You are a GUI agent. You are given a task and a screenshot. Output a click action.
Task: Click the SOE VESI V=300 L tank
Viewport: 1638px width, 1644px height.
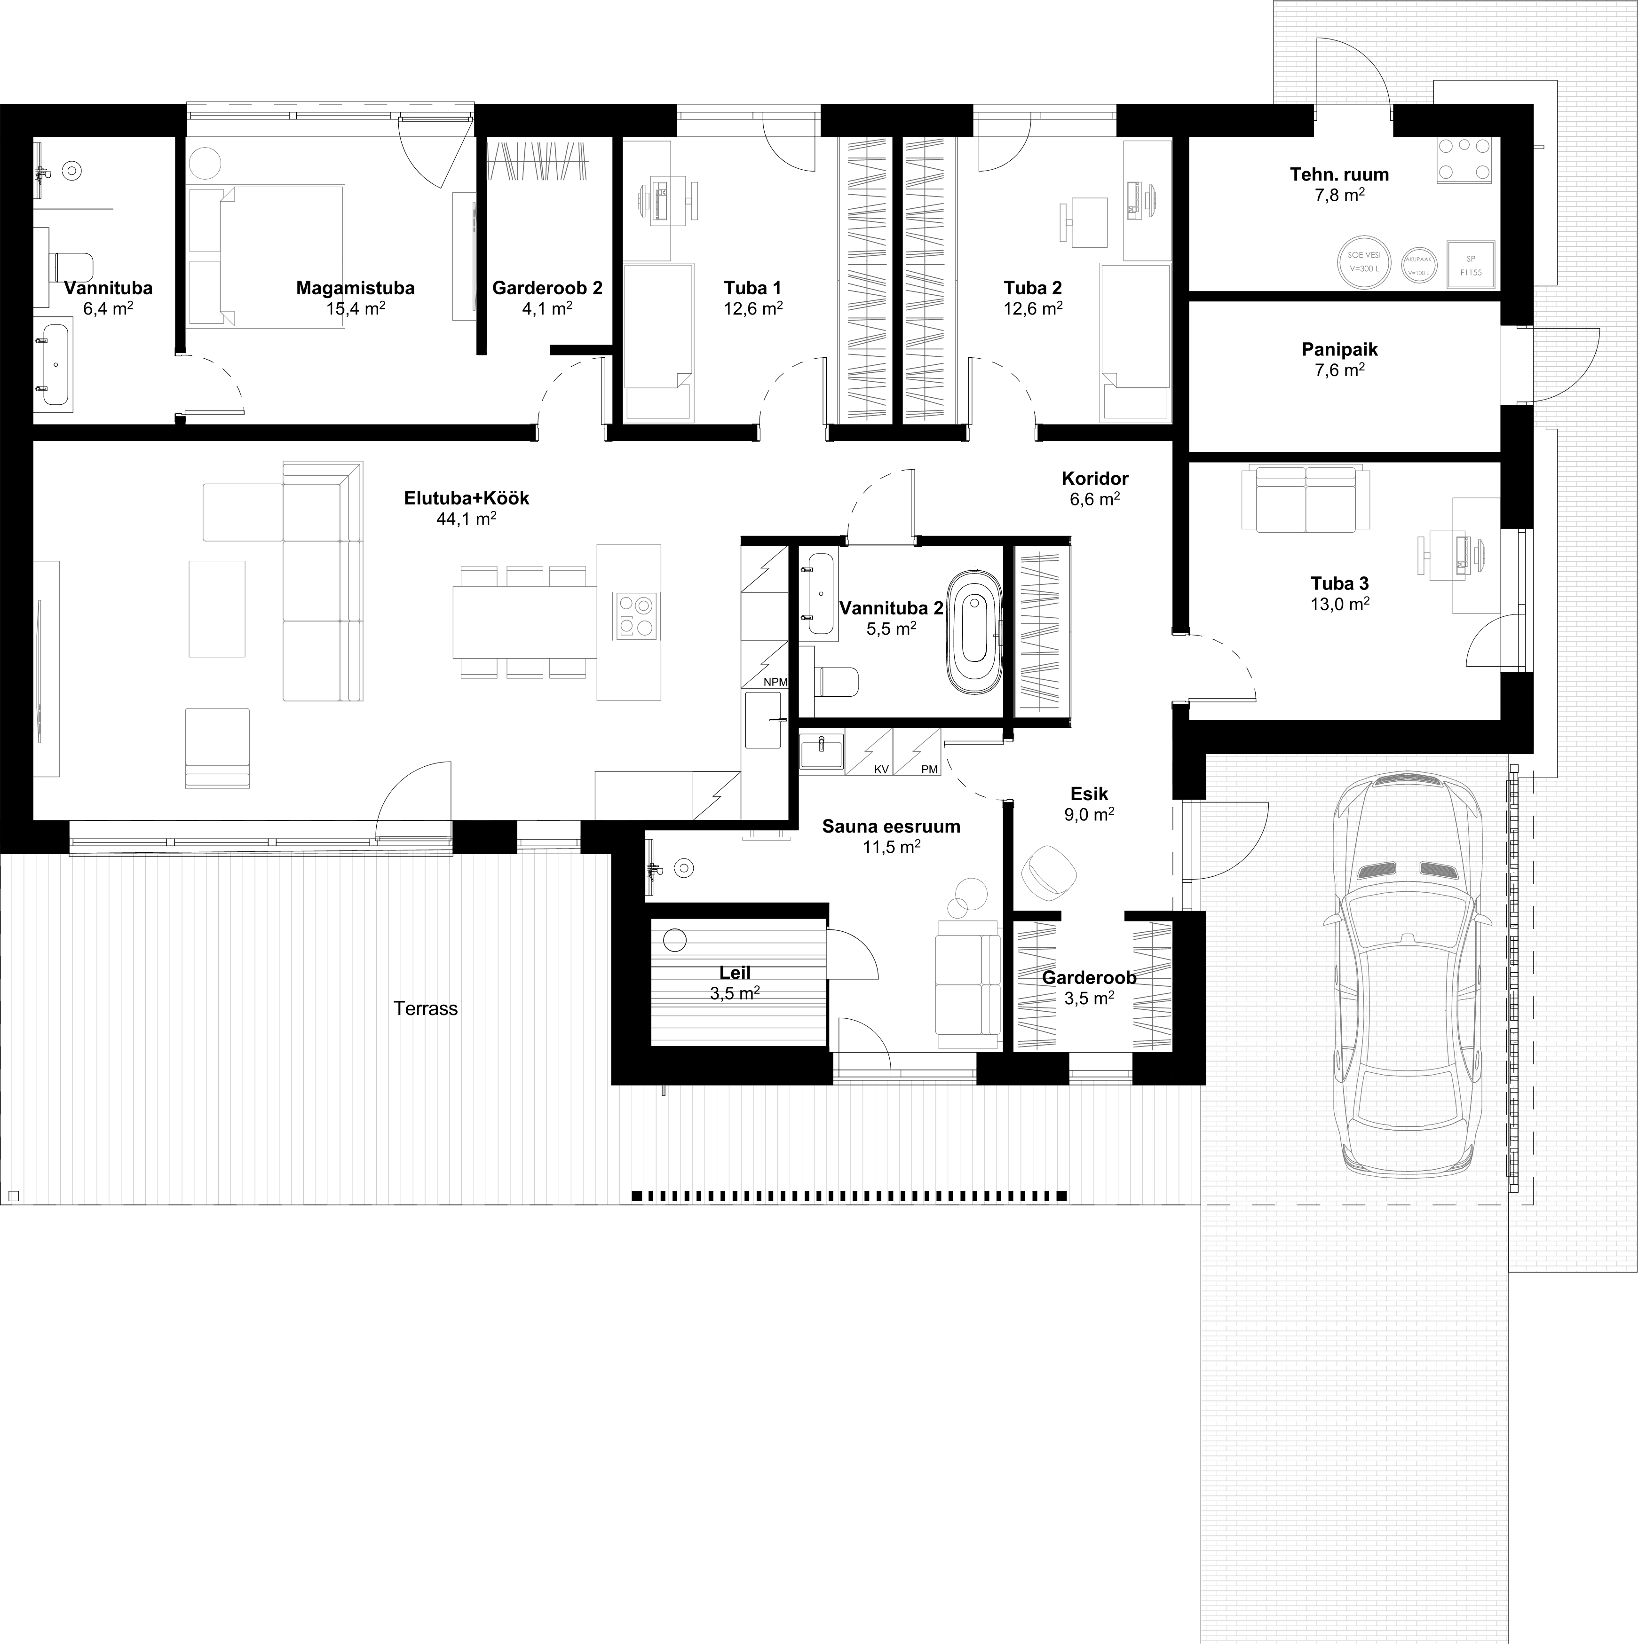point(1363,262)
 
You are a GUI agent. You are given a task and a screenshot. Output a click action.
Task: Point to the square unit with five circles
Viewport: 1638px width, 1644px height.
point(1464,160)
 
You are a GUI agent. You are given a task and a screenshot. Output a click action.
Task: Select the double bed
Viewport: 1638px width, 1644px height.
point(281,256)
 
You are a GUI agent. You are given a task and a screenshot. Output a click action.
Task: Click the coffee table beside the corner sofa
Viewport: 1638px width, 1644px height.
point(216,608)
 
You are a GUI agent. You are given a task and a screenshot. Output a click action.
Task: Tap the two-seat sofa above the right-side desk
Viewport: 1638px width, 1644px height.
point(1306,499)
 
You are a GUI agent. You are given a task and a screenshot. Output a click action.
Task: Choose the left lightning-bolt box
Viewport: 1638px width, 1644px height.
point(868,751)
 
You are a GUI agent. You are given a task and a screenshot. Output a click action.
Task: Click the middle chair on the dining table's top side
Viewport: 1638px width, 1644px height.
point(524,576)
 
